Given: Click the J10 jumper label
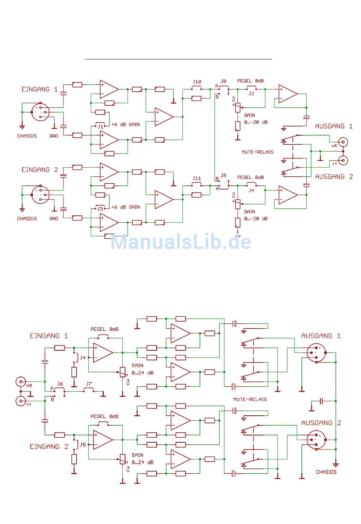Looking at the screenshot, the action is [196, 82].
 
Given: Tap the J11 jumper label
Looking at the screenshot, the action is [196, 178].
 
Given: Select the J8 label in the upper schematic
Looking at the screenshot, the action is [223, 81].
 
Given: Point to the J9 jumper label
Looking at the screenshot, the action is [223, 175].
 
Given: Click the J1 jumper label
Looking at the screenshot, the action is [100, 127].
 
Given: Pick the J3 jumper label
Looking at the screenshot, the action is [100, 209].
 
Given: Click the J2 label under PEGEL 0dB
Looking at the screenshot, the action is [251, 93].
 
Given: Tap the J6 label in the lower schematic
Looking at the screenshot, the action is [60, 384].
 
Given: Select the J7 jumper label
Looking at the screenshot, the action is [89, 384].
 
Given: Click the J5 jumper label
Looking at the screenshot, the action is [82, 445].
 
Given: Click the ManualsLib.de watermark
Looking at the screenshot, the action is [180, 241].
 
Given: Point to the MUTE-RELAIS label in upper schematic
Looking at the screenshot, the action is [257, 152].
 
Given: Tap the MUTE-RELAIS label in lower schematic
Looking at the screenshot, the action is [250, 399].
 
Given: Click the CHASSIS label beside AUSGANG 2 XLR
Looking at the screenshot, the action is [326, 472].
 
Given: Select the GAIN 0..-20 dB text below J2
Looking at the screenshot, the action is [256, 119].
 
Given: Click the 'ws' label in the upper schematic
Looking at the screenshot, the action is [334, 146].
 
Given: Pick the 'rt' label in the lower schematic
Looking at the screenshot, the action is [28, 404].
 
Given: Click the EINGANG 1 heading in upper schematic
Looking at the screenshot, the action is [39, 89].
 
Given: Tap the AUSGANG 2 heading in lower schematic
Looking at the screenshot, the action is [321, 423].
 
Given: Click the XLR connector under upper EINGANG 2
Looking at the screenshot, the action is [40, 195].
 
